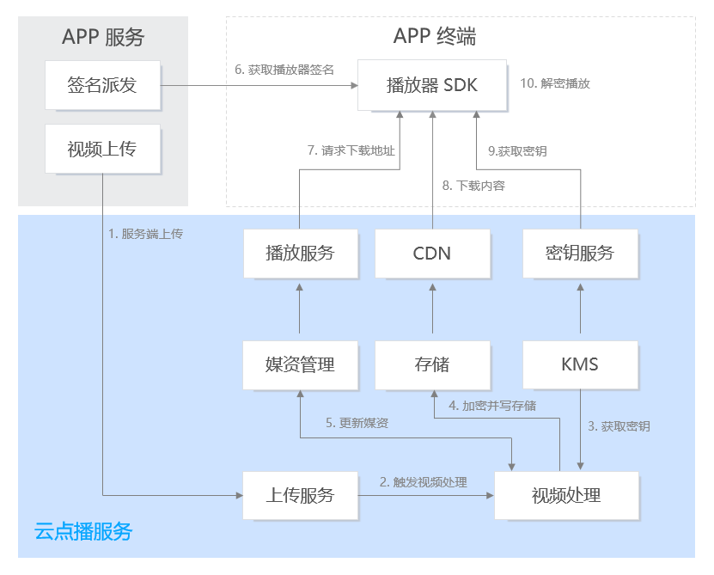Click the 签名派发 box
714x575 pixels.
(x=102, y=85)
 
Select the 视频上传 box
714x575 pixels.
(x=102, y=150)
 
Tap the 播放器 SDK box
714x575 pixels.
(x=432, y=85)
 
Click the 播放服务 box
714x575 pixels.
(x=300, y=254)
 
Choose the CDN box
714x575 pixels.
(x=432, y=254)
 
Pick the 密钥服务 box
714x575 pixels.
(x=580, y=254)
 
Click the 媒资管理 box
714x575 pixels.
(x=300, y=364)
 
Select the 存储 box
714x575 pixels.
(x=432, y=364)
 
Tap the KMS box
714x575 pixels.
(x=580, y=364)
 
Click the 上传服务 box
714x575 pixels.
(x=300, y=495)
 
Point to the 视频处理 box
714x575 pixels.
(x=566, y=495)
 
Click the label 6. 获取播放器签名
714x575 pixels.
(x=284, y=70)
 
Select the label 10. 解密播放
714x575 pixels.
(x=555, y=84)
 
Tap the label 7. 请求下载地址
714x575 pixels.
(x=351, y=150)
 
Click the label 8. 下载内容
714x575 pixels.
(x=473, y=185)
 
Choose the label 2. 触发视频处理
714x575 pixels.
(x=424, y=482)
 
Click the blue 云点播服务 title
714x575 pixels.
(x=83, y=531)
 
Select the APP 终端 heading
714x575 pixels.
(x=435, y=36)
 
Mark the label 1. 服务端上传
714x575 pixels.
(x=146, y=234)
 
